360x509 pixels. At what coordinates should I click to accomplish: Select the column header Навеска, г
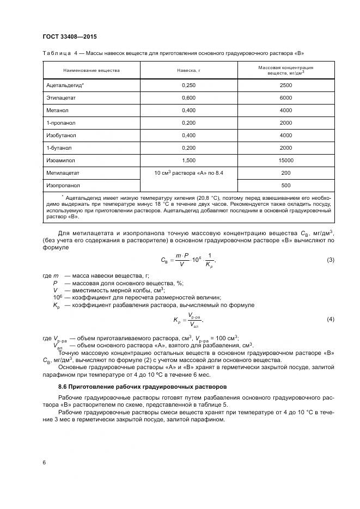189,70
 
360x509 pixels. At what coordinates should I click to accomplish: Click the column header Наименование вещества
91,70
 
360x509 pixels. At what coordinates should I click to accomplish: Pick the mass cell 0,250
188,85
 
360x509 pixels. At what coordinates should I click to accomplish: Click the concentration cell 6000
285,98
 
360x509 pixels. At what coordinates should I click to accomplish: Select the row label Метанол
57,111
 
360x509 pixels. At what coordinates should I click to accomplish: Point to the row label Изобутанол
61,135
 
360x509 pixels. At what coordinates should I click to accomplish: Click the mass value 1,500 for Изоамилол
188,160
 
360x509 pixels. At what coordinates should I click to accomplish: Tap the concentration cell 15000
285,160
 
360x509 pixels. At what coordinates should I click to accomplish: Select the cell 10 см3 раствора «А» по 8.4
188,173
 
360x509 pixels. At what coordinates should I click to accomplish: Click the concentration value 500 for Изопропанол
285,185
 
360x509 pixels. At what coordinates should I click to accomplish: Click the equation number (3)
330,260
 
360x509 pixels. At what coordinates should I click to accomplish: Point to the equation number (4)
330,318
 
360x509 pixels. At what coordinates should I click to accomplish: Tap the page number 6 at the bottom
44,462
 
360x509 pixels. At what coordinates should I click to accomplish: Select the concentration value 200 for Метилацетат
285,173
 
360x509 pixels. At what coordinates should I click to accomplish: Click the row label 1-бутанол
59,148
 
